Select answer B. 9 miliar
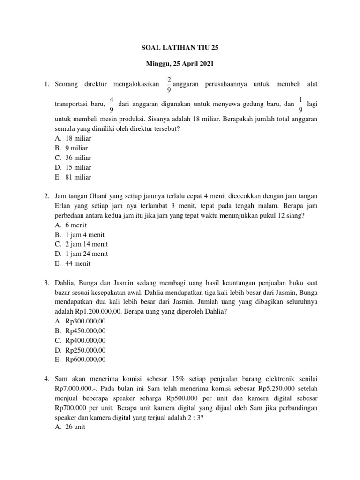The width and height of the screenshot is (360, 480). tap(71, 148)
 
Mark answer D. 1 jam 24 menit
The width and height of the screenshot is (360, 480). tap(81, 254)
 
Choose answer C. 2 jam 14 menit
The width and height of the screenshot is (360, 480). tap(81, 244)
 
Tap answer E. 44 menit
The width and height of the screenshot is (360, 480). tap(73, 263)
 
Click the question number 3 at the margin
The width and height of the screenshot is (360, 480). tap(47, 283)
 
